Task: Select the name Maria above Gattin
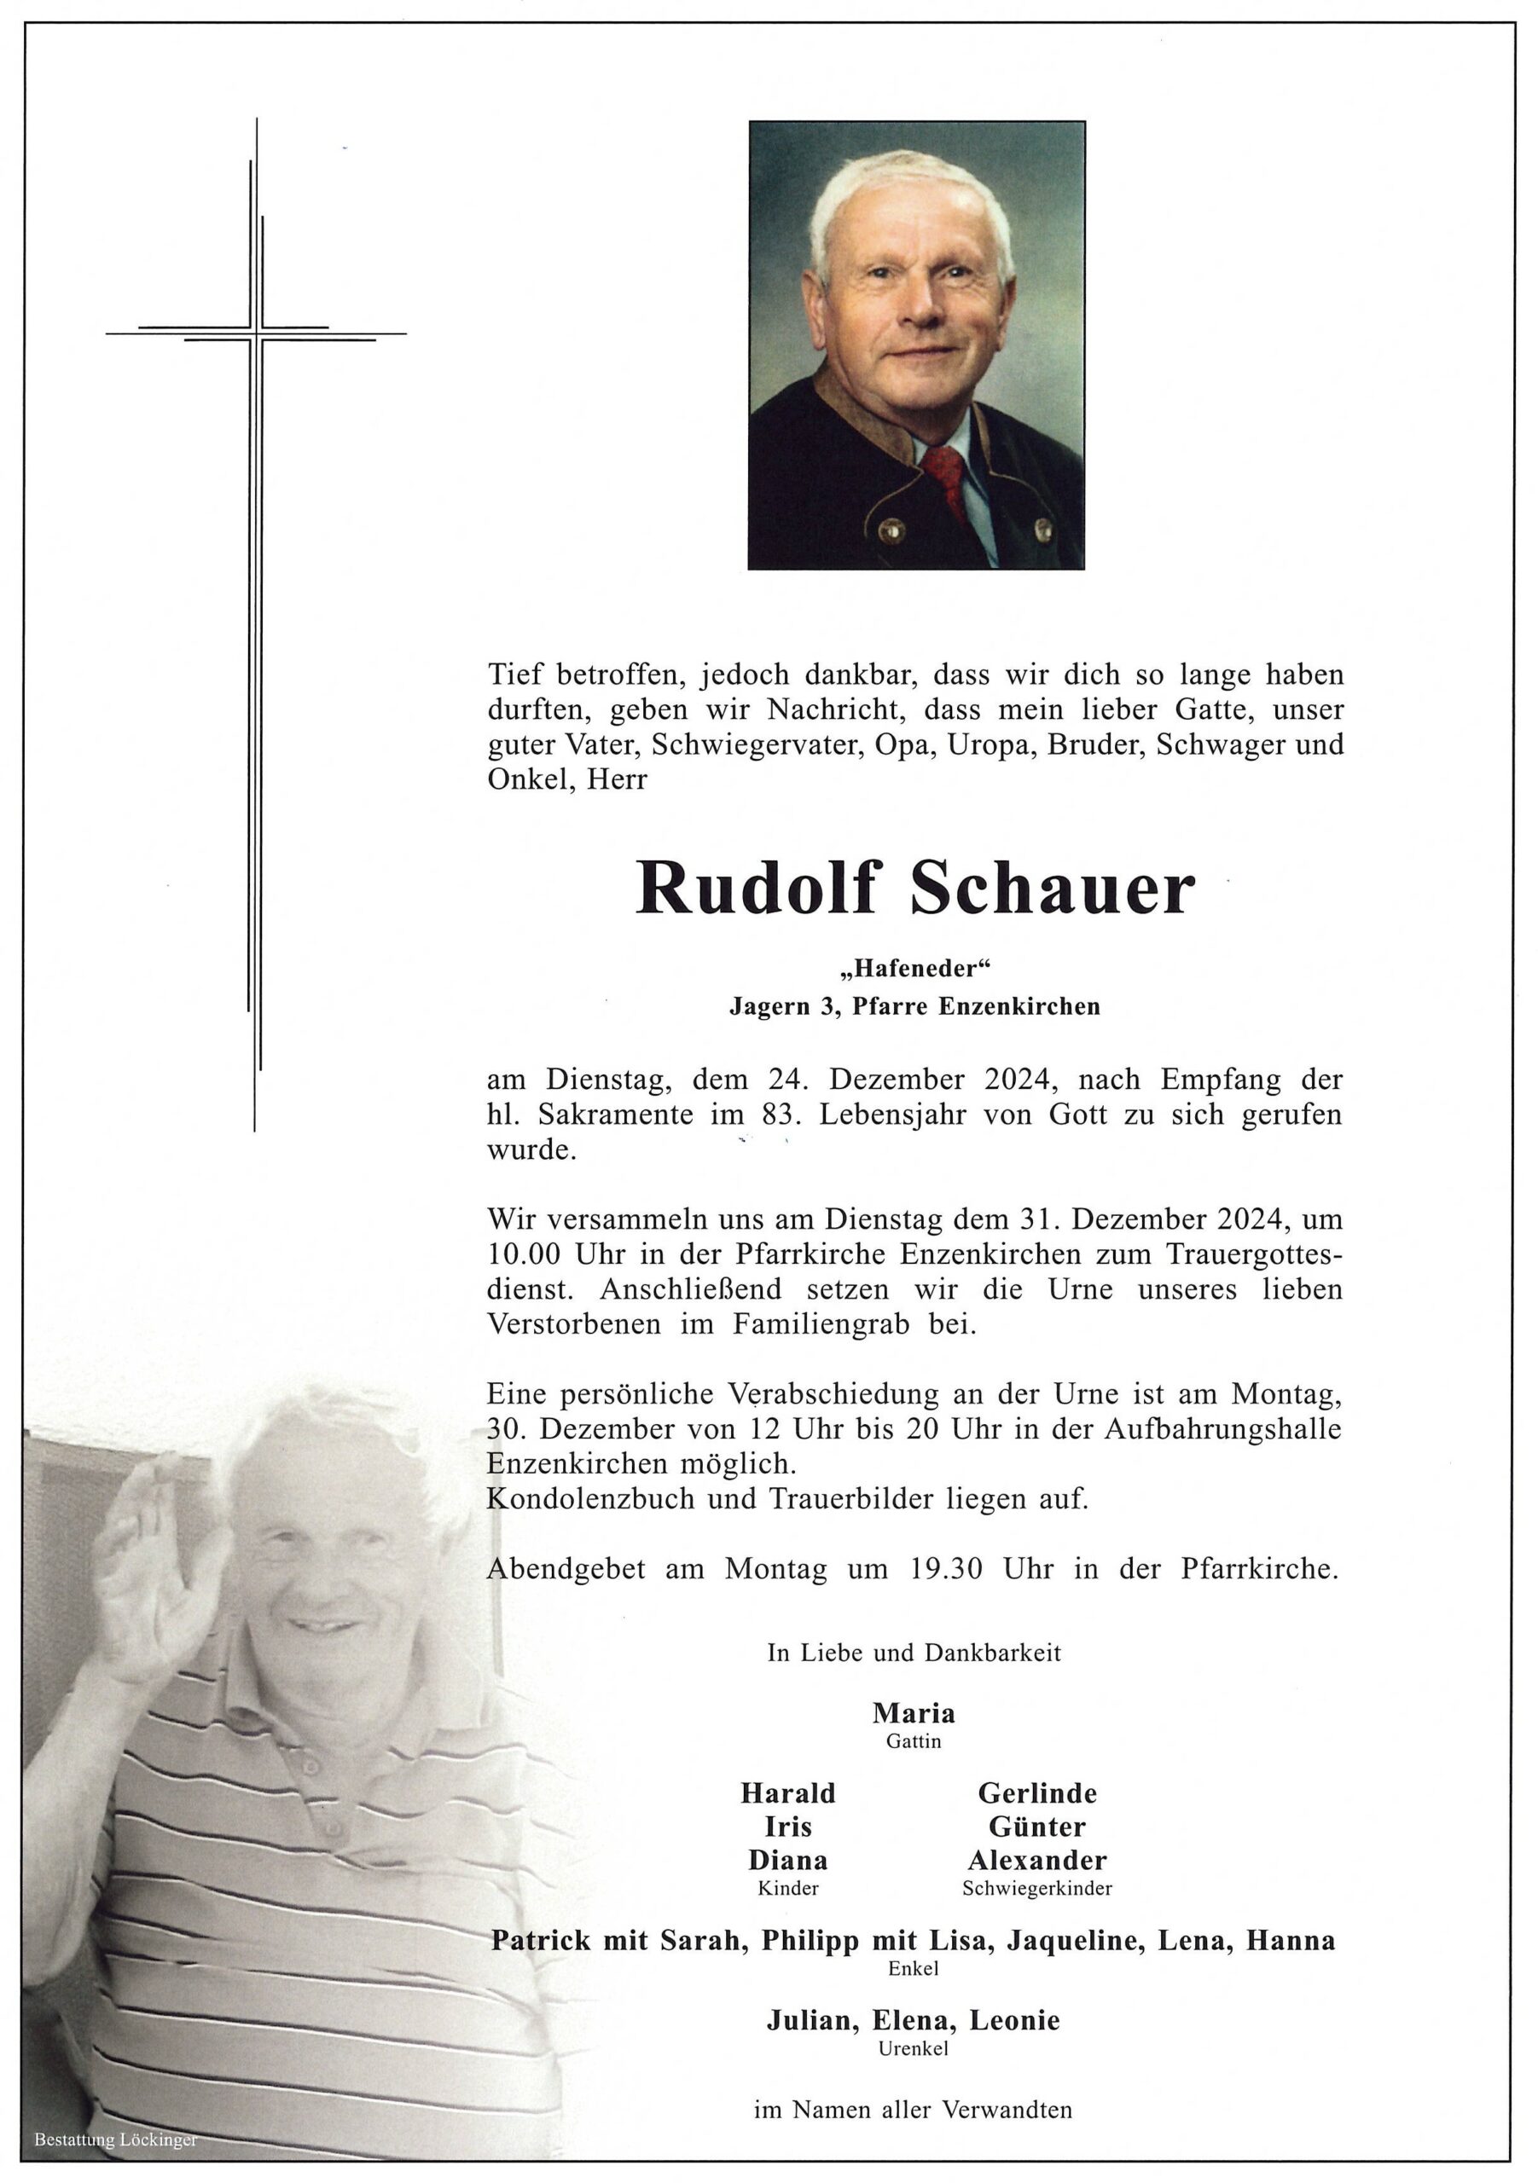click(x=913, y=1712)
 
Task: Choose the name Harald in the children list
click(x=787, y=1793)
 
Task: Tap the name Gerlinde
click(x=1036, y=1793)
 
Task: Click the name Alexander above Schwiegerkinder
click(x=1036, y=1860)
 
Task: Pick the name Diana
click(x=787, y=1860)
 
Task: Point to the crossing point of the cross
click(x=256, y=333)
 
